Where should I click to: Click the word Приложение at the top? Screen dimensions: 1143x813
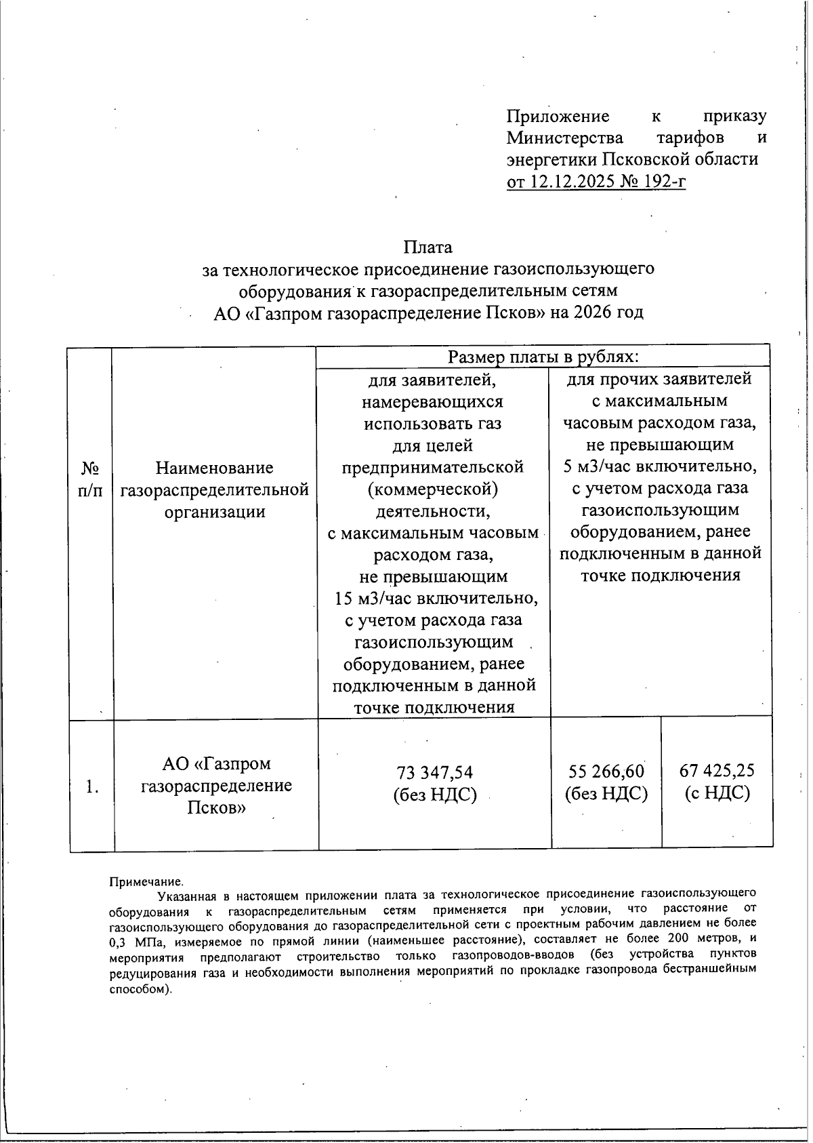tap(558, 116)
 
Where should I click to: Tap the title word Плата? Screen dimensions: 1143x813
tap(428, 247)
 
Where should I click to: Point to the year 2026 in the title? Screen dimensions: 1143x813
tap(593, 313)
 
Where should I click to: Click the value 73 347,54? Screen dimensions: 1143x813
tap(435, 772)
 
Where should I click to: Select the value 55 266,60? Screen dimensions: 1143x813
tap(606, 771)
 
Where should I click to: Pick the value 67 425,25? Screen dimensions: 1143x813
tap(717, 770)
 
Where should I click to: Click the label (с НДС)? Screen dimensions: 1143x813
tap(717, 793)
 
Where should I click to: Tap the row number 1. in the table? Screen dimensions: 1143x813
tap(92, 786)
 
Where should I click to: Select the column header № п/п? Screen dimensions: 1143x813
tap(91, 479)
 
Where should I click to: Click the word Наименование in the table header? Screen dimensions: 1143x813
tap(215, 468)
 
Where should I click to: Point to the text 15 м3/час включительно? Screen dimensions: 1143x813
tap(436, 599)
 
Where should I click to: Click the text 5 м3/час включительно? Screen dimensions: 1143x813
tap(660, 466)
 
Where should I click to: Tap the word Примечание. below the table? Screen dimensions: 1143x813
tap(146, 882)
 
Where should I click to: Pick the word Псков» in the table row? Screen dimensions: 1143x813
tap(216, 808)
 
